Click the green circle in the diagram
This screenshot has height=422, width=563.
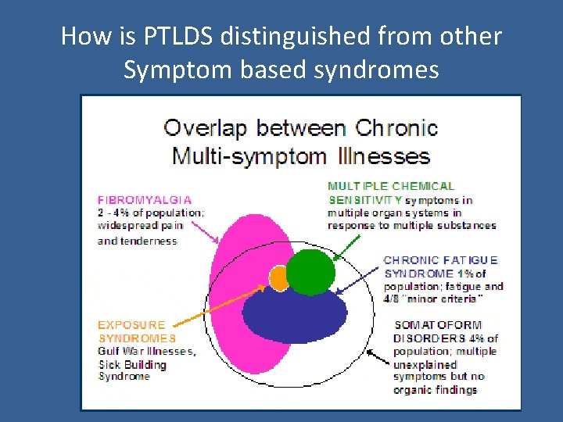310,271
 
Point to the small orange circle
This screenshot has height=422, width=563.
279,277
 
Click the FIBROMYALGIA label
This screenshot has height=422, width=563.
145,200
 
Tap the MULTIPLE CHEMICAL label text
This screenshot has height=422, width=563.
390,186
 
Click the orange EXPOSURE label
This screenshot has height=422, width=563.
131,325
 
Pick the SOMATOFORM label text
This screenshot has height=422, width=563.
438,325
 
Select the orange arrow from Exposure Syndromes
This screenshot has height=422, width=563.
219,304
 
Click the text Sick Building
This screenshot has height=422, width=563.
132,364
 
